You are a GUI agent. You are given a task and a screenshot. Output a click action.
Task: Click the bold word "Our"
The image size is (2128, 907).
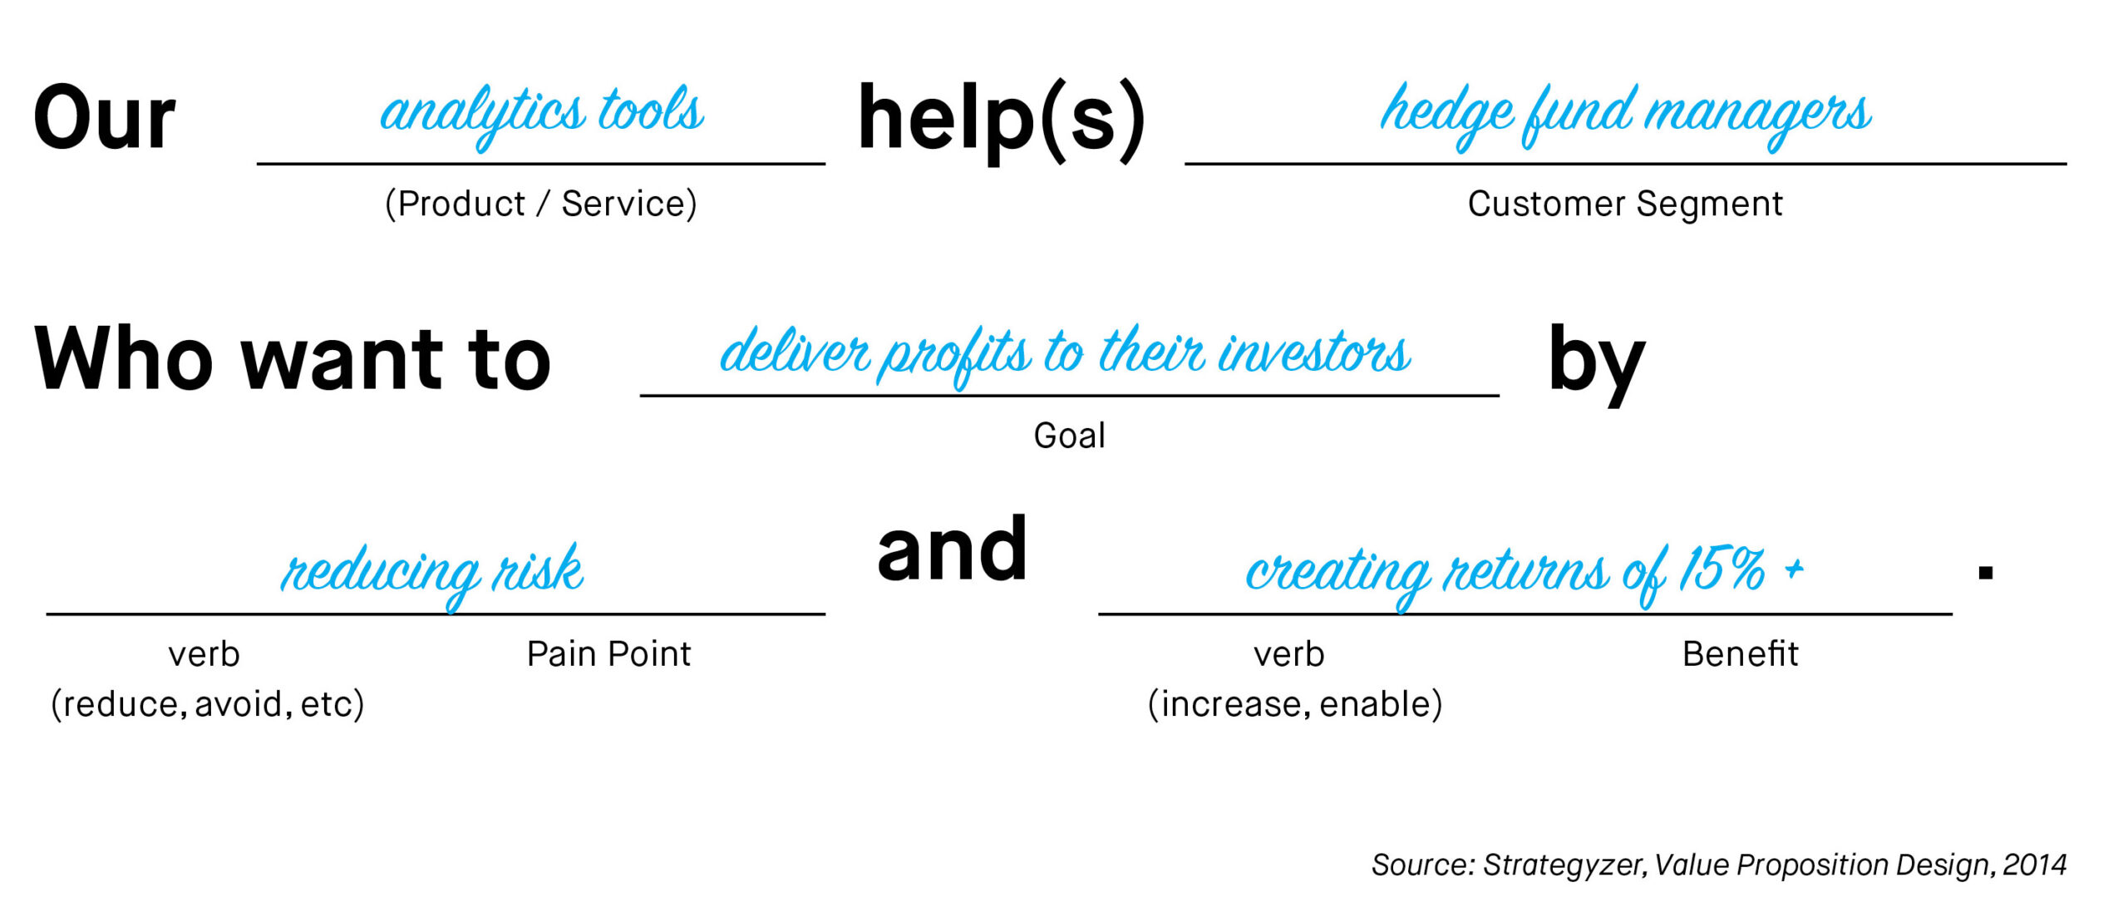105,118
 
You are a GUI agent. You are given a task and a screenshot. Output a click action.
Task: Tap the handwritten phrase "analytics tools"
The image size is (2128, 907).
542,115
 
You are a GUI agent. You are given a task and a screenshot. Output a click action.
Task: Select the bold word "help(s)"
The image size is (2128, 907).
1002,121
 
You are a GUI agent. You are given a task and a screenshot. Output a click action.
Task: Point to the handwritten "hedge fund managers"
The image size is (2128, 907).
1625,115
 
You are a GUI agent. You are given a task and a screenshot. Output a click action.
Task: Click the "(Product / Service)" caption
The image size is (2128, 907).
541,204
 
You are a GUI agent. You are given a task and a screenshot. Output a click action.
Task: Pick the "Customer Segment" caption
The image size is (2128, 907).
1625,204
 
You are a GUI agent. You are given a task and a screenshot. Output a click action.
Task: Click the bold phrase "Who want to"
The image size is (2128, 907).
293,358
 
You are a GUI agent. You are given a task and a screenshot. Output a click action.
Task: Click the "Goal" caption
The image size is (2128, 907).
1069,436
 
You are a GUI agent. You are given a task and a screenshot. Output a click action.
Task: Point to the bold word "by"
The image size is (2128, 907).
1597,362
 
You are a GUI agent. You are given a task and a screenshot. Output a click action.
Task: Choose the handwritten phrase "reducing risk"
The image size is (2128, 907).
432,574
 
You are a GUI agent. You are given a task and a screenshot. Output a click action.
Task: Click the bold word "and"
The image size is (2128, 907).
953,549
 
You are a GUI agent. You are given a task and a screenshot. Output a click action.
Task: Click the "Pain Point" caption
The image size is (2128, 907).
608,654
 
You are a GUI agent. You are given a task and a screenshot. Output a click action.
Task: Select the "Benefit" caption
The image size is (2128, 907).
1740,654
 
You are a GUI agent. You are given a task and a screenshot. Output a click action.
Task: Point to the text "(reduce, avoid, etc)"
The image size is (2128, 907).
208,704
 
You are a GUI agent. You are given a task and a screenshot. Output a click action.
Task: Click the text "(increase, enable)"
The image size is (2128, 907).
1295,704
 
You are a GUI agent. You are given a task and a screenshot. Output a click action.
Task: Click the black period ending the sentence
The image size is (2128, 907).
1986,572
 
